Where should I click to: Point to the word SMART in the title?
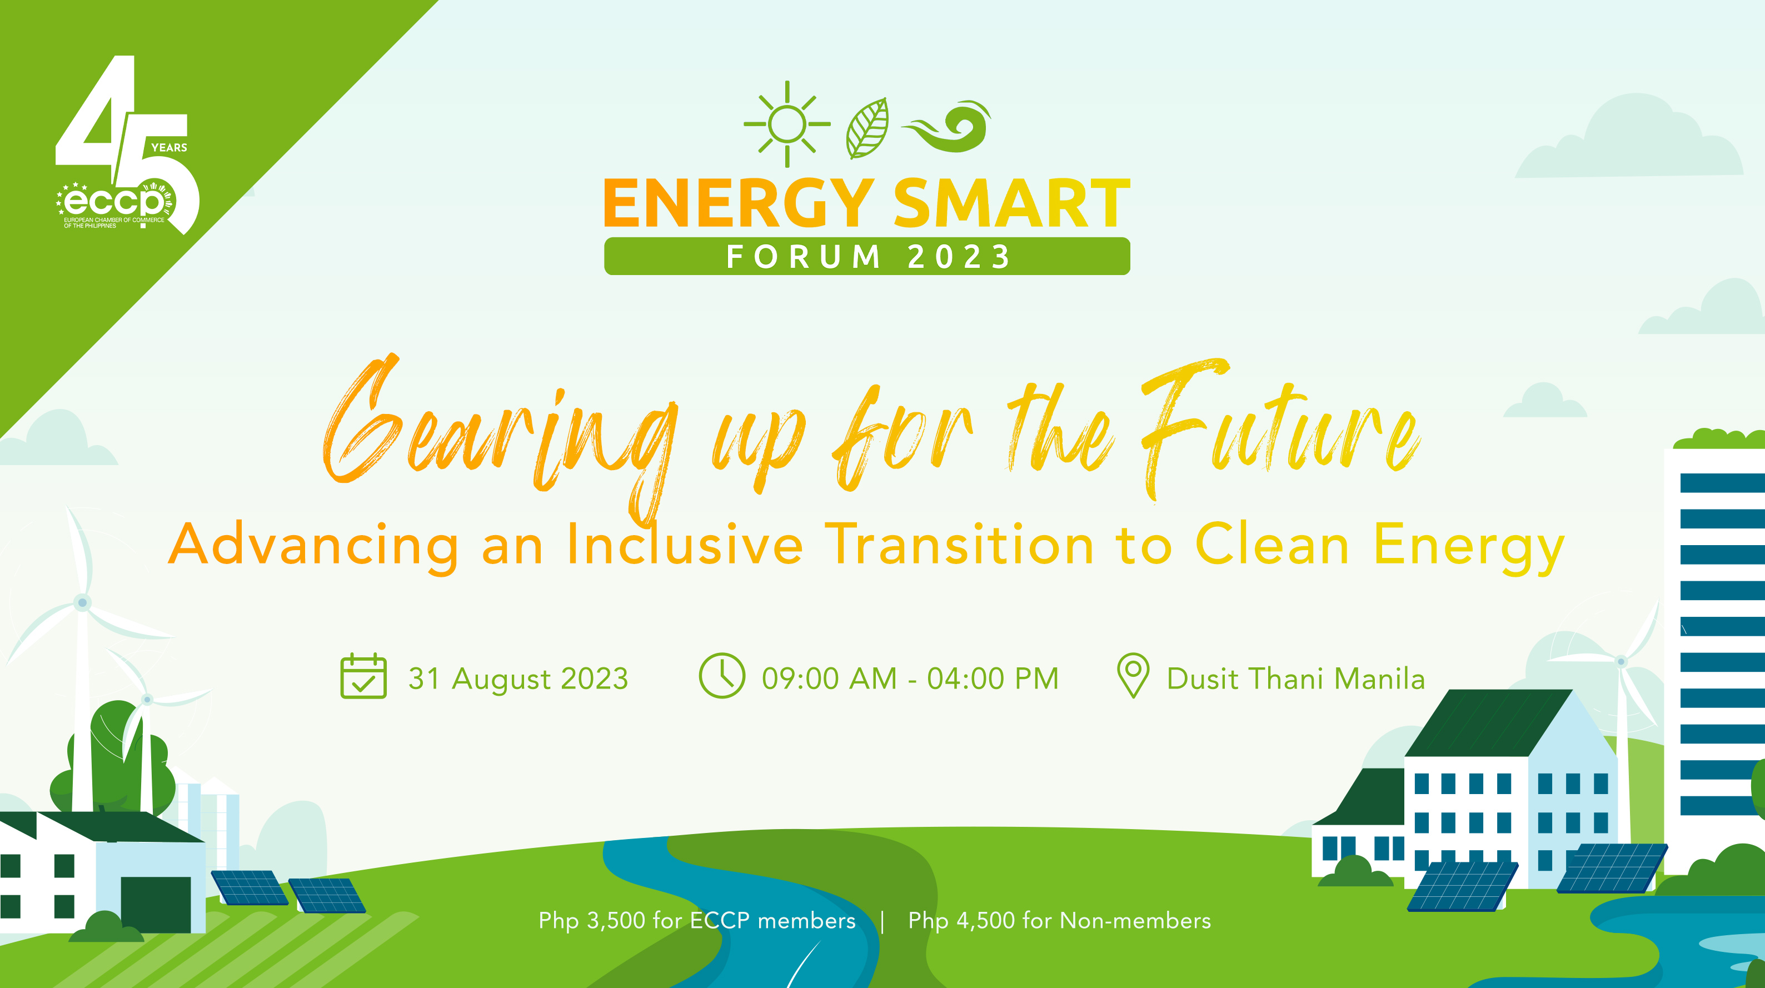(1011, 203)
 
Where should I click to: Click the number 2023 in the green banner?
(959, 257)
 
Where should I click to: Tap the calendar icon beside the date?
(363, 676)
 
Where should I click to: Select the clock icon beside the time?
(721, 676)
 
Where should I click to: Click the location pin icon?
(1133, 675)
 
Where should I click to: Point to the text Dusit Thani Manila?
(1295, 679)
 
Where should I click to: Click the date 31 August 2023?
(518, 679)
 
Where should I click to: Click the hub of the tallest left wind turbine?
(82, 602)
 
